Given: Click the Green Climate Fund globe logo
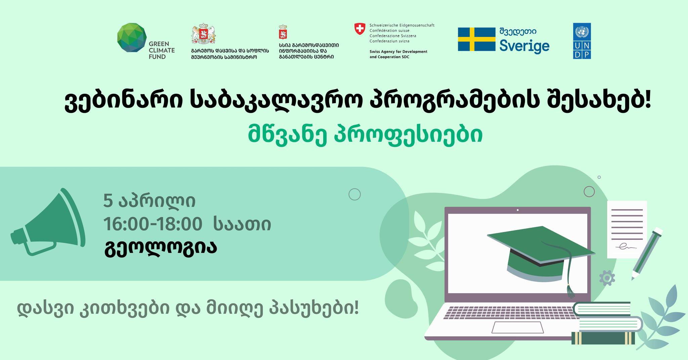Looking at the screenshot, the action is point(132,38).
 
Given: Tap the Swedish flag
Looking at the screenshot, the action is point(476,39).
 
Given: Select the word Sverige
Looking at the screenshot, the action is point(524,46).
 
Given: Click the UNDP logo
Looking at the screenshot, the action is point(582,41).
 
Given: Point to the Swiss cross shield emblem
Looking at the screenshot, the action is point(360,29).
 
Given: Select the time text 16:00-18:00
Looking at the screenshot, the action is point(153,224).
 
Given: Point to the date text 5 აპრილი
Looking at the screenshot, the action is point(149,201).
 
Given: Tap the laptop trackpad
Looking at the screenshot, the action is point(517,327).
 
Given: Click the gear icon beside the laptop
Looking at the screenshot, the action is point(607,278).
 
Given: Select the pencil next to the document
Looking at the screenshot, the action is point(647,254).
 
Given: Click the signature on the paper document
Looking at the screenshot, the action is point(625,248).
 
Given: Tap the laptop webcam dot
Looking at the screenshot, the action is point(517,210).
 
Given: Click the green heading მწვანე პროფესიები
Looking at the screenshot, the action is point(365,134).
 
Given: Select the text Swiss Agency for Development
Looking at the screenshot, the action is point(398,52).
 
